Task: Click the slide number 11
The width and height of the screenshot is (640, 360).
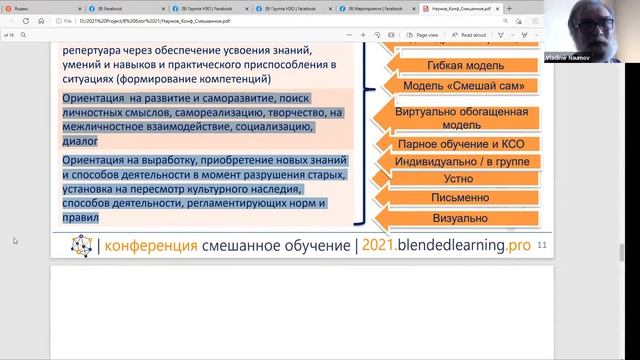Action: click(x=543, y=244)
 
